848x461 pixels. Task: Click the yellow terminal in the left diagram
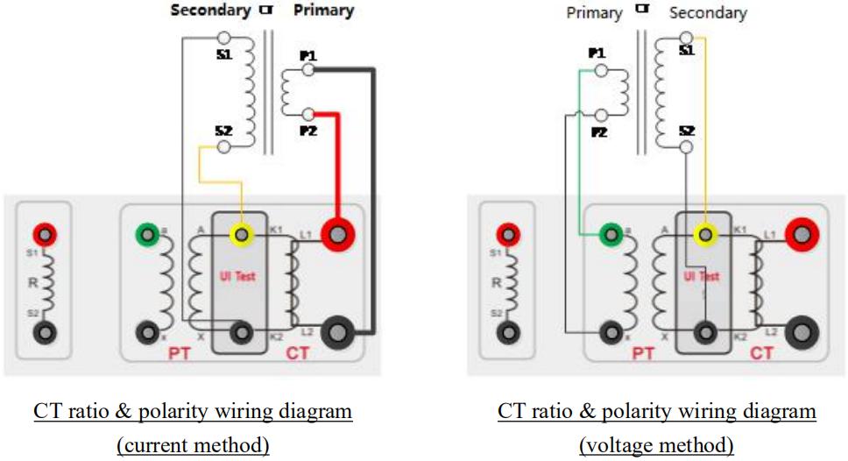[x=240, y=235]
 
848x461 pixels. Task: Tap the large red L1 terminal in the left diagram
[x=337, y=235]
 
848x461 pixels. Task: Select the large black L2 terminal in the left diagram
[x=337, y=332]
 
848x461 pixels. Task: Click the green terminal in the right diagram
[x=611, y=235]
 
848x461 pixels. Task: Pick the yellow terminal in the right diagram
[x=704, y=235]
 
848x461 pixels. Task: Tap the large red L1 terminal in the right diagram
[x=802, y=235]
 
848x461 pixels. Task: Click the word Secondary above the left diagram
[x=210, y=11]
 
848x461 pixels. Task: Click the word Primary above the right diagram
[x=594, y=13]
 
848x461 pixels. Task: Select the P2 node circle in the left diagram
[x=307, y=115]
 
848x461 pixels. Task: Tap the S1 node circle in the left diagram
[x=224, y=39]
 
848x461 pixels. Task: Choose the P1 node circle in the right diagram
[x=601, y=69]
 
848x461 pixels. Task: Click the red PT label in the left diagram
[x=179, y=354]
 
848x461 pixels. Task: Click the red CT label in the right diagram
[x=760, y=354]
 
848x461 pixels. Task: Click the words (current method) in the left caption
[x=193, y=445]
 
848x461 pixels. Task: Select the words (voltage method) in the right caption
[x=657, y=445]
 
